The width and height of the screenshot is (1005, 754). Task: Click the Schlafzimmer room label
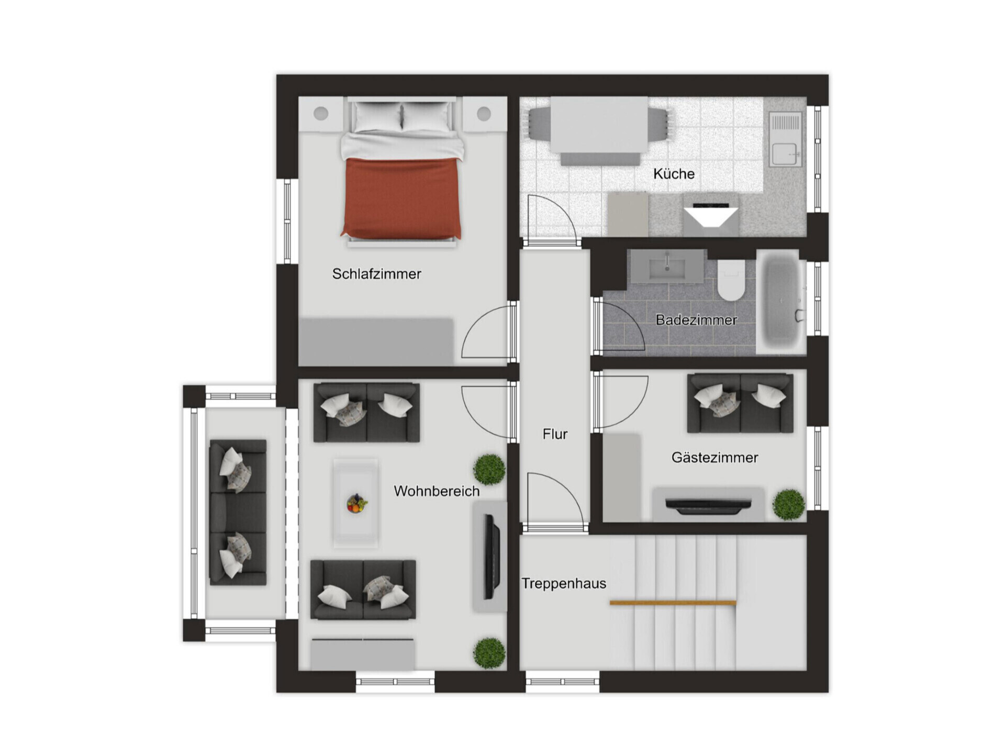[x=376, y=274]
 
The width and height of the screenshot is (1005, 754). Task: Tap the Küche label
[x=674, y=174]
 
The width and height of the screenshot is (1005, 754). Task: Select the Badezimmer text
[x=696, y=320]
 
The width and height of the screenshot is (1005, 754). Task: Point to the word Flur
[x=555, y=434]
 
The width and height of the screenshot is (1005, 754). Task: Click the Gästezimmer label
[x=714, y=458]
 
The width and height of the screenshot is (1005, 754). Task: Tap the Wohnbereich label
[x=437, y=491]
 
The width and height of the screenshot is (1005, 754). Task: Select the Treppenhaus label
[x=564, y=583]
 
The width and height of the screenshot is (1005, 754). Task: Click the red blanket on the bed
[x=401, y=198]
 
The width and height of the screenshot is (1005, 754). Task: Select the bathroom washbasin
[x=666, y=267]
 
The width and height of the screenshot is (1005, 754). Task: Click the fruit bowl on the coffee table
[x=356, y=504]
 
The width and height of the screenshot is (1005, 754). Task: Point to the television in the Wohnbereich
[x=490, y=557]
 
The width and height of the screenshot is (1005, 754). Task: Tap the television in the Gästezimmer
[x=708, y=505]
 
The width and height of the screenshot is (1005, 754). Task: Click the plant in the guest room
[x=789, y=504]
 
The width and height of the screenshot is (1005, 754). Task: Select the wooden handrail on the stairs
[x=673, y=603]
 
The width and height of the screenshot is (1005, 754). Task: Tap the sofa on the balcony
[x=238, y=512]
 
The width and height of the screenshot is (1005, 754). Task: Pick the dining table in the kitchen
[x=599, y=125]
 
